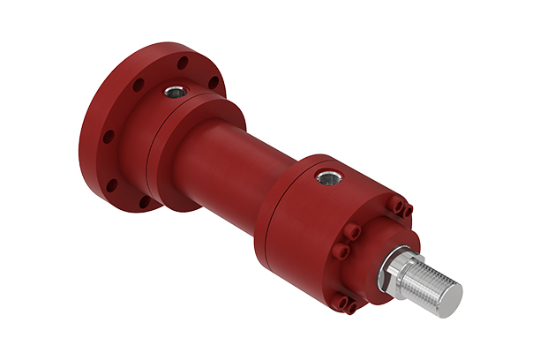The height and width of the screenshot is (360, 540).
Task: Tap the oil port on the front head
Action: point(329,177)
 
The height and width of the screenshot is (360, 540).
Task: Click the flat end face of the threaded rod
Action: point(446,295)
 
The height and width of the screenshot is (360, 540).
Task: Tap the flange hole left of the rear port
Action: point(139,85)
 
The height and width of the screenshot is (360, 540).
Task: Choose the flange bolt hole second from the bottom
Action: point(112,184)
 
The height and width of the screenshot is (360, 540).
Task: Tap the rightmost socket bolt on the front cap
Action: point(407,210)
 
